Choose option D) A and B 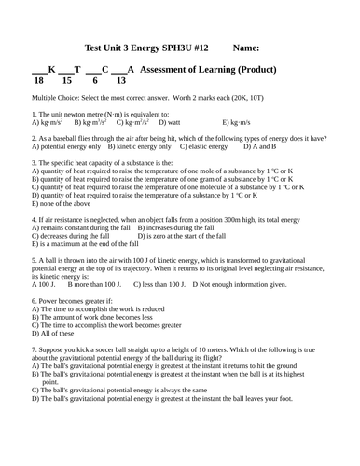click(259, 146)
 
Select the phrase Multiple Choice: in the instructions click(58, 96)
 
